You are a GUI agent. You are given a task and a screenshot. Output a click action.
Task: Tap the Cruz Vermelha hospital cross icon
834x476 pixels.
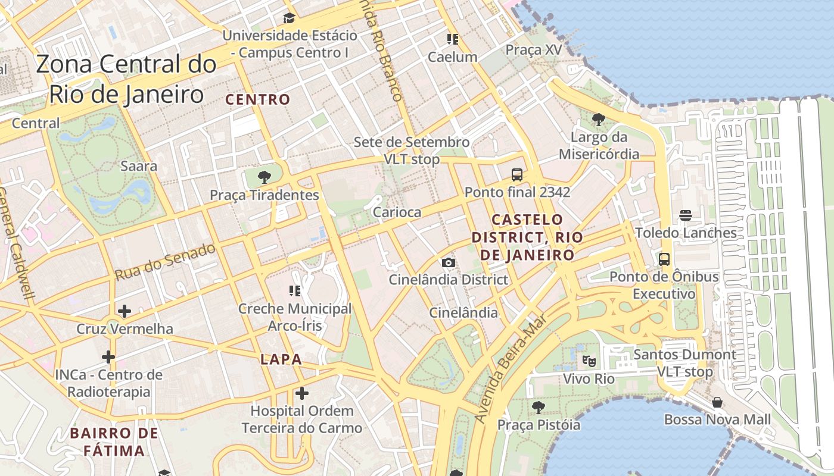[x=125, y=311]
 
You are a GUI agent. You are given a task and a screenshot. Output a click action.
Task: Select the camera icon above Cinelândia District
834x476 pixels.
[x=449, y=262]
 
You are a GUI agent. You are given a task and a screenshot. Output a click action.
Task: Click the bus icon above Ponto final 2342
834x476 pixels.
[x=517, y=175]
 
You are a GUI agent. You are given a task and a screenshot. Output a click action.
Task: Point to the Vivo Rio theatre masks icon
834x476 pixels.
[x=589, y=360]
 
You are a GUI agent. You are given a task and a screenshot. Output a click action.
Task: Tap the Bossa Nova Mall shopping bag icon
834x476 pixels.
[x=717, y=402]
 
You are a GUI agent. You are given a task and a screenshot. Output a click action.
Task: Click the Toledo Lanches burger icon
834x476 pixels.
[x=686, y=215]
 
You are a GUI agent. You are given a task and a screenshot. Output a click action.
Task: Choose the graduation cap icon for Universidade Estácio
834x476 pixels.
[x=290, y=18]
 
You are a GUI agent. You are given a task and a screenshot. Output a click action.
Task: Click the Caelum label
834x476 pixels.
[x=453, y=57]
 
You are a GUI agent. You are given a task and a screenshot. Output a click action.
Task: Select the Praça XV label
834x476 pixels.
[x=534, y=50]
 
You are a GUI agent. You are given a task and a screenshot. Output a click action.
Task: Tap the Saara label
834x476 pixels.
[x=139, y=166]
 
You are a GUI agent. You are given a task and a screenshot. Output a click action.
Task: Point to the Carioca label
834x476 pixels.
[x=397, y=212]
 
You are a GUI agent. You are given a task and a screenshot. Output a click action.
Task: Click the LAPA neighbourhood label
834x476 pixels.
[x=281, y=359]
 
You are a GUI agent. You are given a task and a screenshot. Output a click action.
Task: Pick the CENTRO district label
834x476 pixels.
[x=258, y=99]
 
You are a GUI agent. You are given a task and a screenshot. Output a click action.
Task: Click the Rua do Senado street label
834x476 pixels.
[x=164, y=262]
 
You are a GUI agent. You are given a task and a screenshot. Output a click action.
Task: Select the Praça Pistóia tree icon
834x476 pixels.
[x=539, y=408]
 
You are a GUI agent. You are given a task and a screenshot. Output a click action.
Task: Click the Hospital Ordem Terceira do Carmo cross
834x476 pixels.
[x=302, y=393]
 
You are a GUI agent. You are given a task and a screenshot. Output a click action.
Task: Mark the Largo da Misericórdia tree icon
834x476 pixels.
[x=599, y=120]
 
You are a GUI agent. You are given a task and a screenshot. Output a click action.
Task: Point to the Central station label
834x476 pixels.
[x=36, y=123]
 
